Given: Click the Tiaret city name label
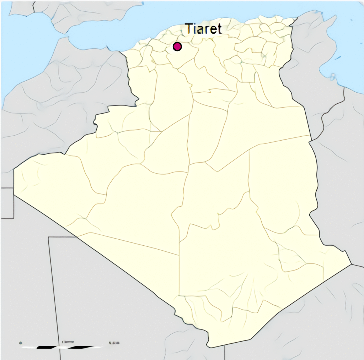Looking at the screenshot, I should (x=203, y=29).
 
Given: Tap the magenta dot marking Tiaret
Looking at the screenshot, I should (x=177, y=47).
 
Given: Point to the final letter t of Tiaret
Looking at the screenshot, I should (x=219, y=29).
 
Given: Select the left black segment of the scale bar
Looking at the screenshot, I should (x=48, y=347).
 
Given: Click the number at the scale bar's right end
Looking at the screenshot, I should (x=114, y=343).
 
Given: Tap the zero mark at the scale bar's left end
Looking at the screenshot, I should (x=21, y=343).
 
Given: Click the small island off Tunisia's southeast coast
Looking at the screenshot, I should (x=333, y=77).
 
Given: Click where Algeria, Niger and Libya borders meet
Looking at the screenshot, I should (x=351, y=264).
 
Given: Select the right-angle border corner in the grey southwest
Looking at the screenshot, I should (x=49, y=237).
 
